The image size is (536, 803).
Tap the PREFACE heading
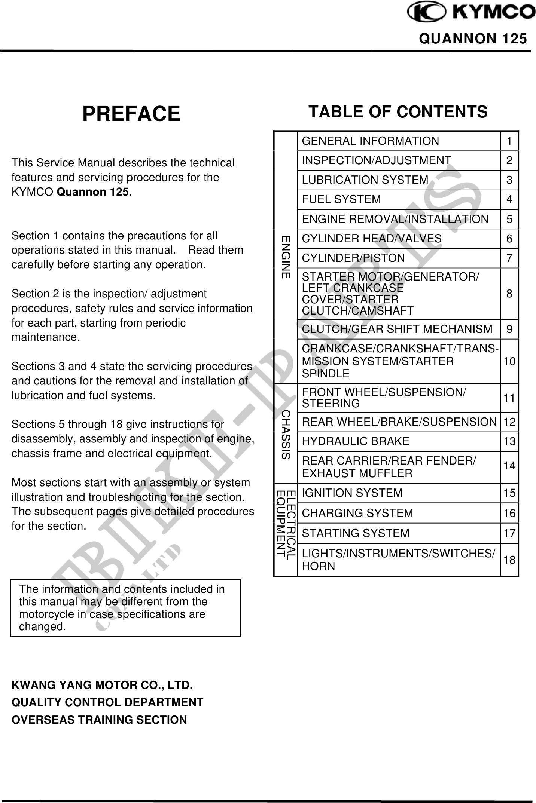click(x=131, y=114)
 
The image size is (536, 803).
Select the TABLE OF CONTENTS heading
click(x=398, y=111)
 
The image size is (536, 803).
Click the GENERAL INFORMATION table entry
click(x=370, y=141)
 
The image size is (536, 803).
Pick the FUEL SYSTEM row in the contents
click(x=341, y=199)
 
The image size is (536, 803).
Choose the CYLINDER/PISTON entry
click(x=353, y=258)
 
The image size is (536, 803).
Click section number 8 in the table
click(x=509, y=294)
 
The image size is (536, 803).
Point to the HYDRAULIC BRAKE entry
click(x=355, y=441)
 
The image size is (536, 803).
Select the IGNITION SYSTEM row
click(x=352, y=493)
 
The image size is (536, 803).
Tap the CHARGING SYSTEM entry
click(x=357, y=513)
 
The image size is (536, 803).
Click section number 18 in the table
click(x=509, y=560)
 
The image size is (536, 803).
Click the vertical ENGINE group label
click(x=286, y=257)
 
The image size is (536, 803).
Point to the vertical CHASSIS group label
click(x=286, y=435)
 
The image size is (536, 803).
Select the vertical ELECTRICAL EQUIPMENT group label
click(x=286, y=529)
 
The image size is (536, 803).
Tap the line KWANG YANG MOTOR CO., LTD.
click(x=102, y=686)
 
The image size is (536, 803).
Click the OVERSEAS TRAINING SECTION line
click(x=99, y=720)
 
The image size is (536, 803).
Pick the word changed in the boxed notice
click(x=42, y=626)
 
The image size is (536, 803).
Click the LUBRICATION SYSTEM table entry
click(x=365, y=180)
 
